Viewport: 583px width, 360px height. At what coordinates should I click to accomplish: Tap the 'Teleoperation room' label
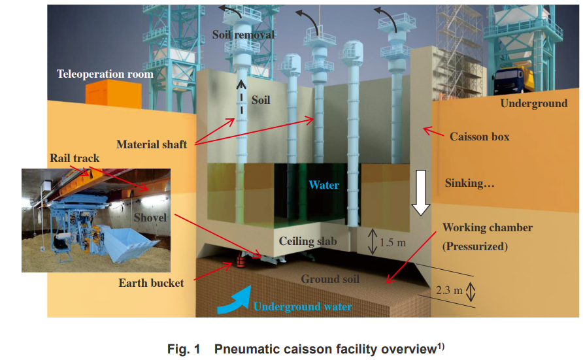[105, 74]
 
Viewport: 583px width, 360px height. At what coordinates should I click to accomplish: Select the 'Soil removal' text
[243, 34]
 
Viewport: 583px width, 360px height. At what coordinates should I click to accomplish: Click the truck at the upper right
[514, 80]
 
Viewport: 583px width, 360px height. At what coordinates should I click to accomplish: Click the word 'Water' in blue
[324, 185]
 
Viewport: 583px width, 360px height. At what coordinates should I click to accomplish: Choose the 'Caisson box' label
[479, 137]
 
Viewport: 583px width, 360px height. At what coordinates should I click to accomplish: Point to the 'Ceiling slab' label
[308, 242]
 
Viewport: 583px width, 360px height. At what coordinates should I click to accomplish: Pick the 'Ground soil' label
[330, 279]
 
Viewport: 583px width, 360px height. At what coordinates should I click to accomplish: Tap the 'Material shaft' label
[151, 144]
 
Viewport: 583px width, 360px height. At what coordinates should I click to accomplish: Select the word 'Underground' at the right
[533, 103]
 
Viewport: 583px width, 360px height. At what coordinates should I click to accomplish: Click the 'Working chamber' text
[487, 227]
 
